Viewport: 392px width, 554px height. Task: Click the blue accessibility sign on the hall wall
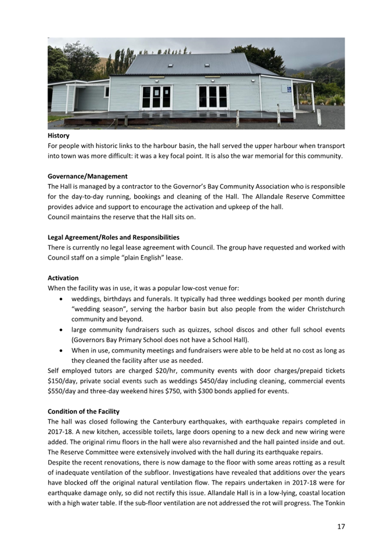(289, 89)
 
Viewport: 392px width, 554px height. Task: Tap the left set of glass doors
(157, 98)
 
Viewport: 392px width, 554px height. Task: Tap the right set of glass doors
(213, 97)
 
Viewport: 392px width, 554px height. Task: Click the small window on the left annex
(106, 92)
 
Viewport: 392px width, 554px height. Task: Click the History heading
(58, 135)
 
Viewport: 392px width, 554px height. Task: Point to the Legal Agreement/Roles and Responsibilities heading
(113, 237)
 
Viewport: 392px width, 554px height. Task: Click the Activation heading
(63, 278)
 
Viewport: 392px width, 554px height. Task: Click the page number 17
(341, 527)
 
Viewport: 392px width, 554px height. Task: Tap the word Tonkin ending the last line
(333, 503)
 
